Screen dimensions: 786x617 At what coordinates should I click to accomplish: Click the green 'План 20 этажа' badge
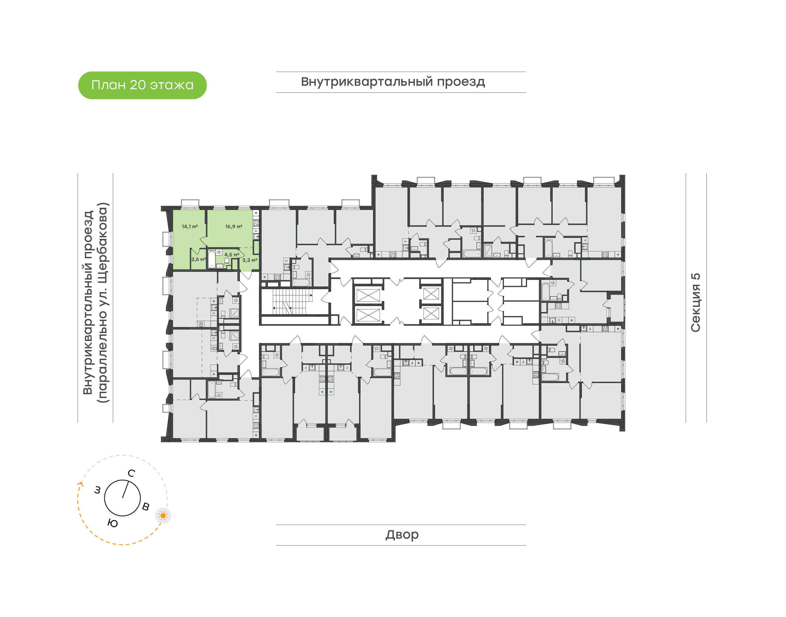tap(142, 85)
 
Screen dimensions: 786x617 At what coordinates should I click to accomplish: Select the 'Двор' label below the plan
tap(402, 535)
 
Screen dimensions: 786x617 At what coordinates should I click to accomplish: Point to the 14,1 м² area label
tap(190, 227)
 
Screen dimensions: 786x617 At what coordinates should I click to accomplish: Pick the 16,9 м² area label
tap(234, 227)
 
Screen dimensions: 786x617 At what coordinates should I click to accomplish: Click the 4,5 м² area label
tap(231, 255)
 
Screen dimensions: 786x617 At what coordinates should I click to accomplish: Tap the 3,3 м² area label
tap(249, 260)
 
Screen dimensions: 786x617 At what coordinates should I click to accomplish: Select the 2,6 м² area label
tap(198, 259)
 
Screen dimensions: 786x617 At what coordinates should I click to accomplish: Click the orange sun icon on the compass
tap(163, 515)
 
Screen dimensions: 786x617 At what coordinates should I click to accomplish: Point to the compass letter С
tap(132, 473)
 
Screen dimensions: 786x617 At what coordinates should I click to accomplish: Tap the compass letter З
tap(97, 490)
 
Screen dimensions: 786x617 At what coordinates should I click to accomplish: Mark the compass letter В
tap(145, 506)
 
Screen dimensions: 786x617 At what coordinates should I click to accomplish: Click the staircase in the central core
tap(292, 302)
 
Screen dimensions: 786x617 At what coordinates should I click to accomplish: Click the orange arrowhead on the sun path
tap(81, 484)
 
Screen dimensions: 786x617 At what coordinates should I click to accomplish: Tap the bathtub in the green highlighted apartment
tap(212, 259)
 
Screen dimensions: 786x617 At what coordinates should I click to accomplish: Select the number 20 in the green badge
tap(138, 85)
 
